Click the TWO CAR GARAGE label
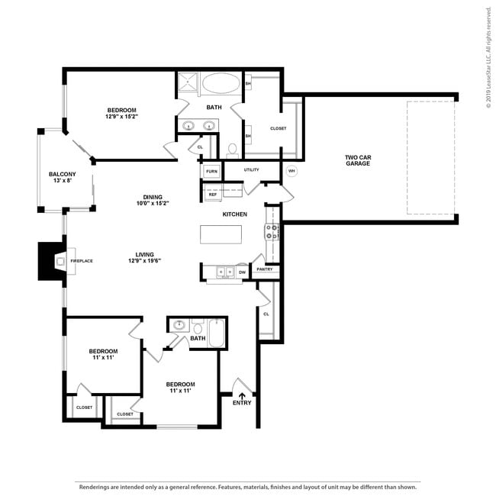click(356, 160)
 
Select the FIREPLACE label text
click(81, 261)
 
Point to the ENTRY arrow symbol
click(242, 395)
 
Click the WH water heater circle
click(291, 171)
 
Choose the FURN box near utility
click(211, 171)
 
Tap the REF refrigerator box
click(213, 195)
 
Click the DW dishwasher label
click(242, 271)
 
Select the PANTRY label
click(266, 269)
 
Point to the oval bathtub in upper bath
click(221, 82)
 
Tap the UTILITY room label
click(252, 169)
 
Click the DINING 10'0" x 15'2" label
click(153, 200)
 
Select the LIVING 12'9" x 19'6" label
click(144, 257)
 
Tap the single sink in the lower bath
click(180, 325)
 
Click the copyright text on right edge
click(488, 57)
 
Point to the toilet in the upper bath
click(233, 149)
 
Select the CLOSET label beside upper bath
click(278, 128)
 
